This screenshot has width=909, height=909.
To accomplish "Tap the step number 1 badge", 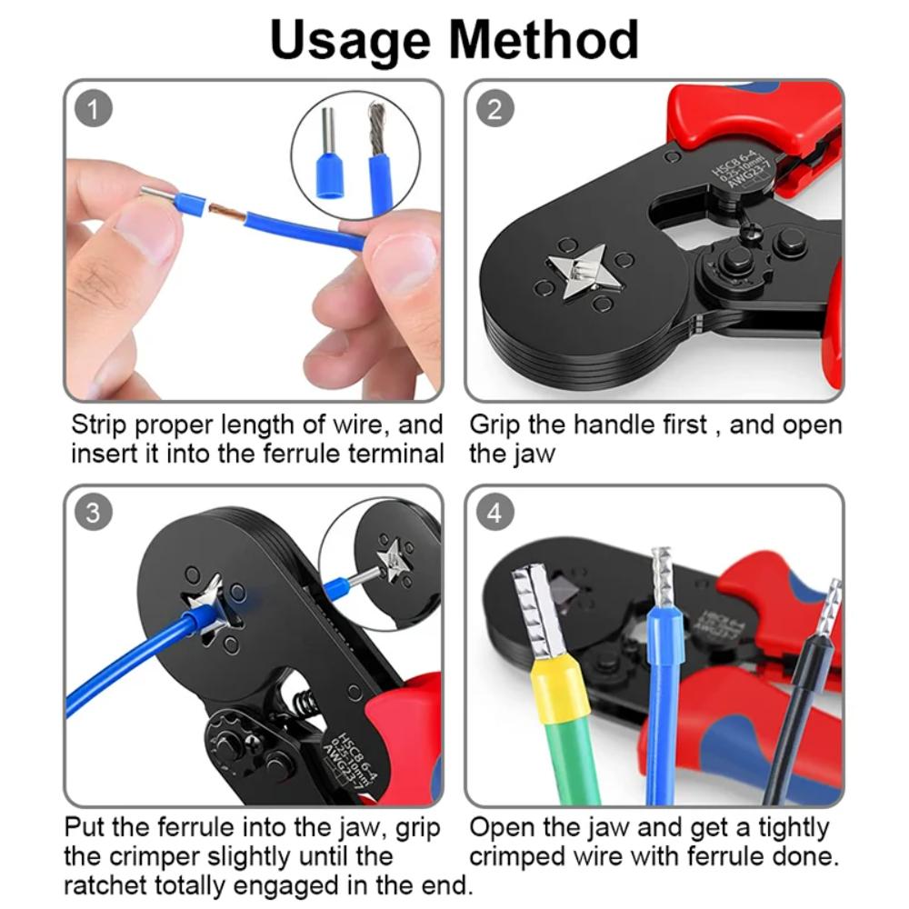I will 94,109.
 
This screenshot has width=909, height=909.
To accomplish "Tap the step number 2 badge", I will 494,109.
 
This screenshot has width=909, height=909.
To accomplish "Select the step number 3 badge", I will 94,512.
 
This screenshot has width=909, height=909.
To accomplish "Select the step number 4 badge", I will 494,512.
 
